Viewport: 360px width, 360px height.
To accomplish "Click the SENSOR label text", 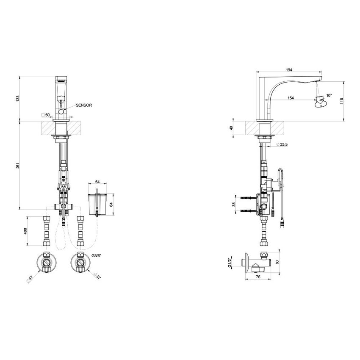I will [x=84, y=105].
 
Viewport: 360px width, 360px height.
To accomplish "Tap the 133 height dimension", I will [x=18, y=99].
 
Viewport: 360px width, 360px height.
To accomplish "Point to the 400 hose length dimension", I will [x=25, y=231].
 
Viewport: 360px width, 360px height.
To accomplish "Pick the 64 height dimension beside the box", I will [x=112, y=204].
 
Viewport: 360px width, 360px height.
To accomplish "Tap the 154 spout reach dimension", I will [x=291, y=98].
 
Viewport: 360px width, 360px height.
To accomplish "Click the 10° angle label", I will [x=329, y=96].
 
